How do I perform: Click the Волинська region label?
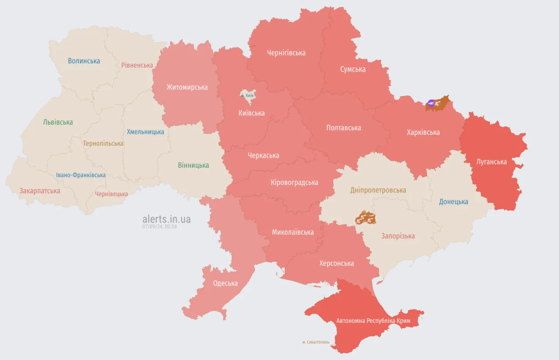(84, 61)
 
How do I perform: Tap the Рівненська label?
(137, 65)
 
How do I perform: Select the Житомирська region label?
(187, 87)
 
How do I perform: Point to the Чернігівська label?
(286, 53)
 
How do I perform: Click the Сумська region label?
(353, 69)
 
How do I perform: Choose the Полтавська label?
(343, 128)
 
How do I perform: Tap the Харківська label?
(423, 132)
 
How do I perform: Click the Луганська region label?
(492, 162)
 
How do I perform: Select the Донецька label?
(453, 202)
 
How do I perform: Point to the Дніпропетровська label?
(378, 190)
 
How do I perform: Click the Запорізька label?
(398, 236)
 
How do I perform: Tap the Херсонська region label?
(336, 263)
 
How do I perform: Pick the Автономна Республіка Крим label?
(373, 321)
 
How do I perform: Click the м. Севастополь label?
(315, 342)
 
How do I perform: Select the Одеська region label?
(225, 283)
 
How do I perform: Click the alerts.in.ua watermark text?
(166, 219)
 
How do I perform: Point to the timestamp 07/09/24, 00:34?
(159, 226)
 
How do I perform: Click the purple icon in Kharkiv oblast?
(431, 103)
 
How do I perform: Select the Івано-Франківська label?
(81, 175)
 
